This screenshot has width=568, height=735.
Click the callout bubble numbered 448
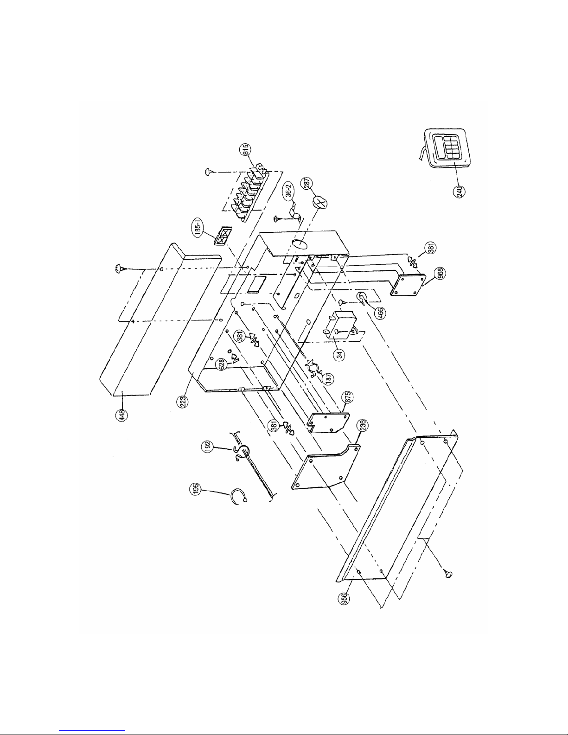click(122, 415)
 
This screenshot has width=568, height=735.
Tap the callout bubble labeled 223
click(184, 402)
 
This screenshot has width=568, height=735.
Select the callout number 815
click(245, 149)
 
